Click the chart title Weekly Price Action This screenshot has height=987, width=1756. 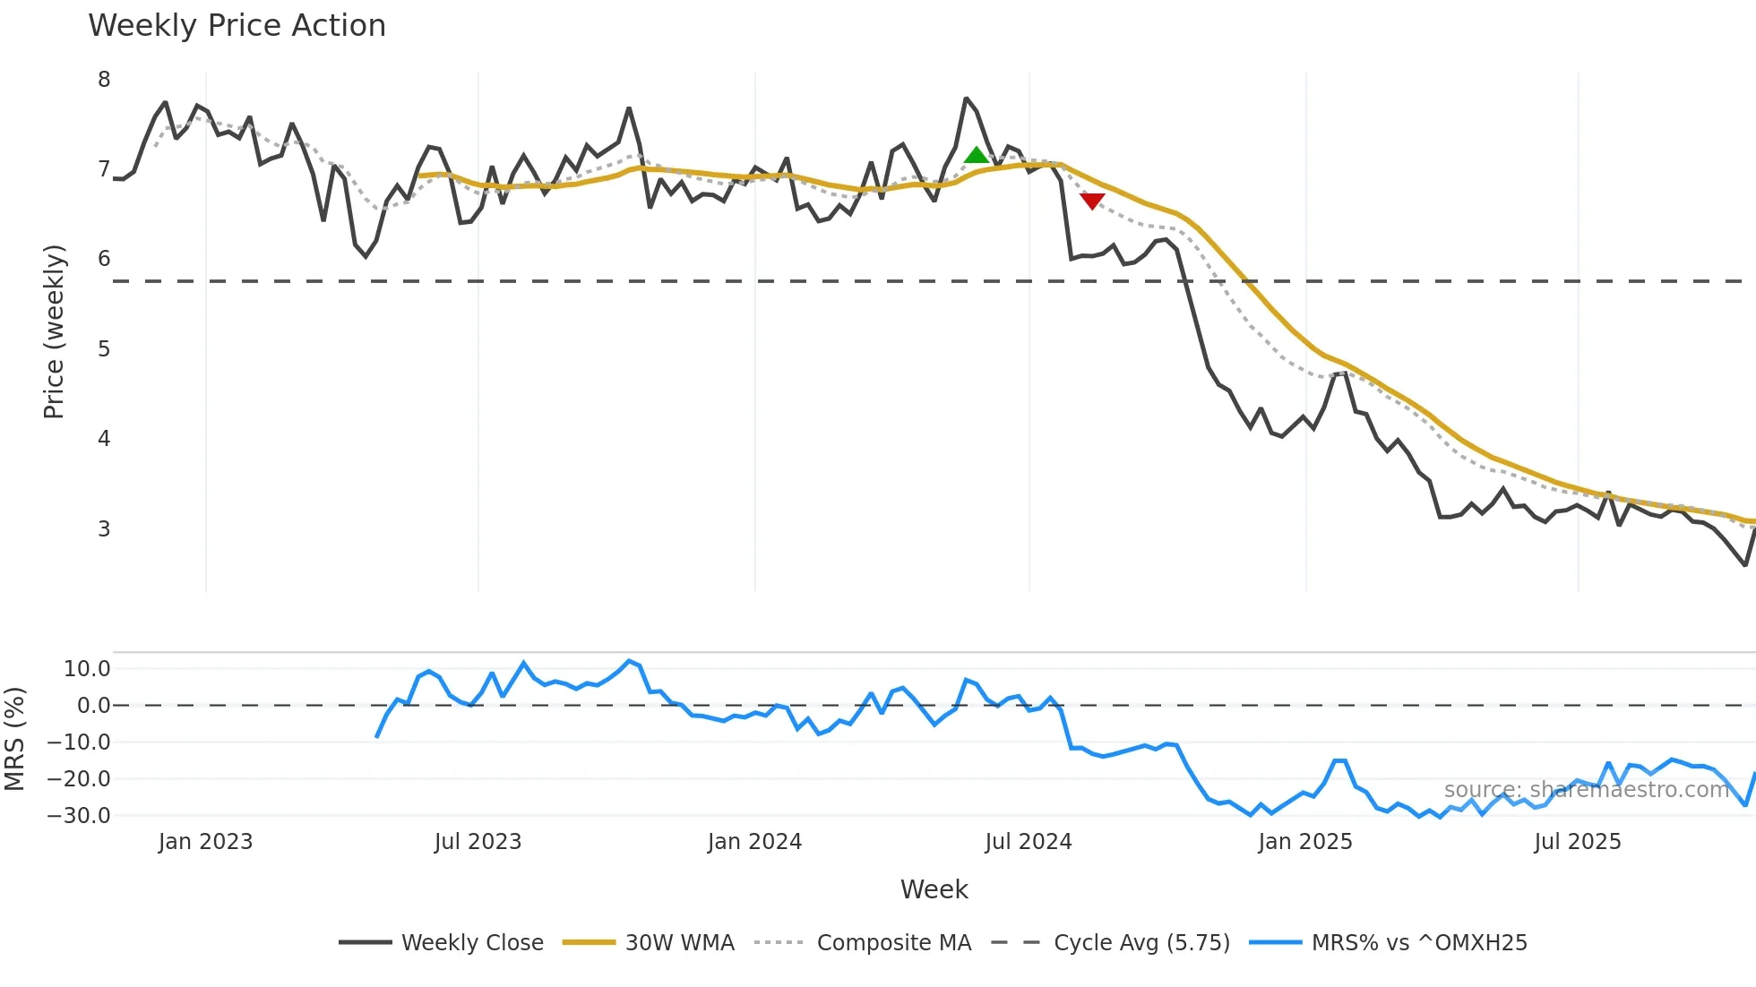[x=237, y=26]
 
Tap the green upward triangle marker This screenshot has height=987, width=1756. [x=976, y=156]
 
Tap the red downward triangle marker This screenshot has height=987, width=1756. [x=1091, y=201]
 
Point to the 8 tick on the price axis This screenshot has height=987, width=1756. [x=104, y=80]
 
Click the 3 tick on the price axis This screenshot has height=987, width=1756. [x=104, y=529]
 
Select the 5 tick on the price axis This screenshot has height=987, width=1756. [x=104, y=349]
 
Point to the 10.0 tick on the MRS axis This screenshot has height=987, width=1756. [x=87, y=669]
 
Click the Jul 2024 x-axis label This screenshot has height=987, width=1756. [x=1028, y=842]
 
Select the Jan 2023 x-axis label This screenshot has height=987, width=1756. [x=205, y=842]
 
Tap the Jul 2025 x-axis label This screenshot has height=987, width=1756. [x=1577, y=842]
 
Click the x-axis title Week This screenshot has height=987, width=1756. [x=934, y=889]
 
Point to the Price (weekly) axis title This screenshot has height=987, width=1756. [x=54, y=331]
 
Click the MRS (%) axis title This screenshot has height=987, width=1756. [x=14, y=739]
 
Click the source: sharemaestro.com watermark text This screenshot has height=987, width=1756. [x=1586, y=790]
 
